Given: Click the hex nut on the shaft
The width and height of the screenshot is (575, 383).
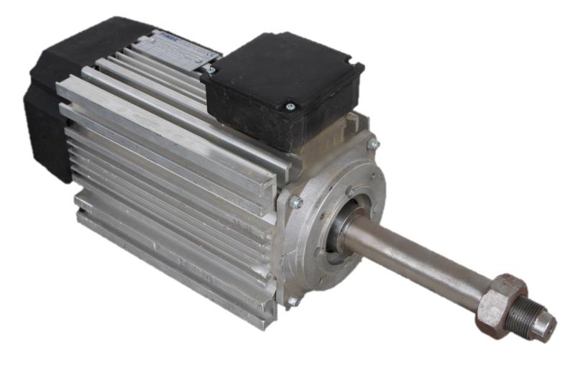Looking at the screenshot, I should tap(500, 297).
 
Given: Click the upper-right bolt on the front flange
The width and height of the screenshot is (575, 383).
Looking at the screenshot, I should tap(373, 144).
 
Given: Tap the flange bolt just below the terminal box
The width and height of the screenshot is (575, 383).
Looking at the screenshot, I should tap(295, 203).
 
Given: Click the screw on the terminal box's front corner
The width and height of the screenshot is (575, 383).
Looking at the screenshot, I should tap(290, 107).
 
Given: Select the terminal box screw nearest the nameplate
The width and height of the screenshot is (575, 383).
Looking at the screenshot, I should tap(211, 70).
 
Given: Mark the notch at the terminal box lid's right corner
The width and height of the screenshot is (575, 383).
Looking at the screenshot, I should tap(359, 68).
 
